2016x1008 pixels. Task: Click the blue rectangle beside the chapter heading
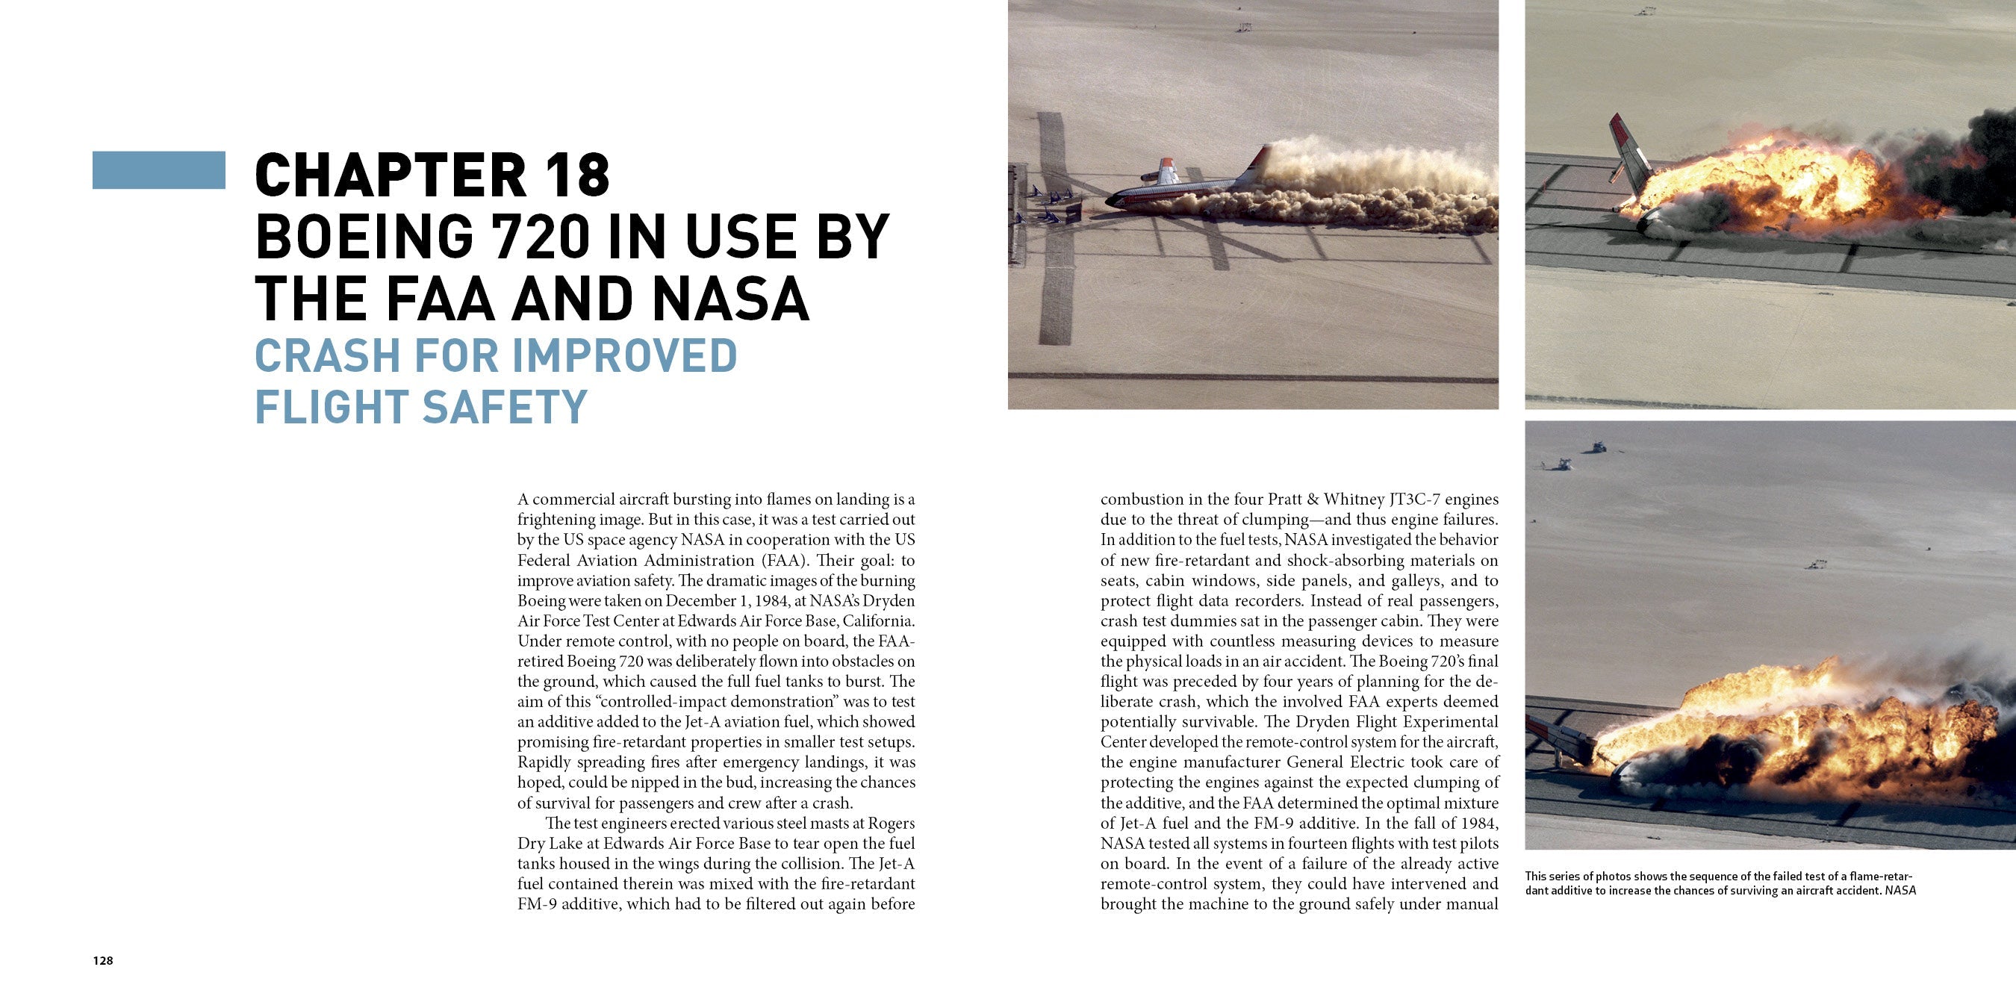158,169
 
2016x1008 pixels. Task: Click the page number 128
102,961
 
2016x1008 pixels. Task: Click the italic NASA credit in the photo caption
1900,891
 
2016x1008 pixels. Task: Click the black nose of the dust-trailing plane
1111,202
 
